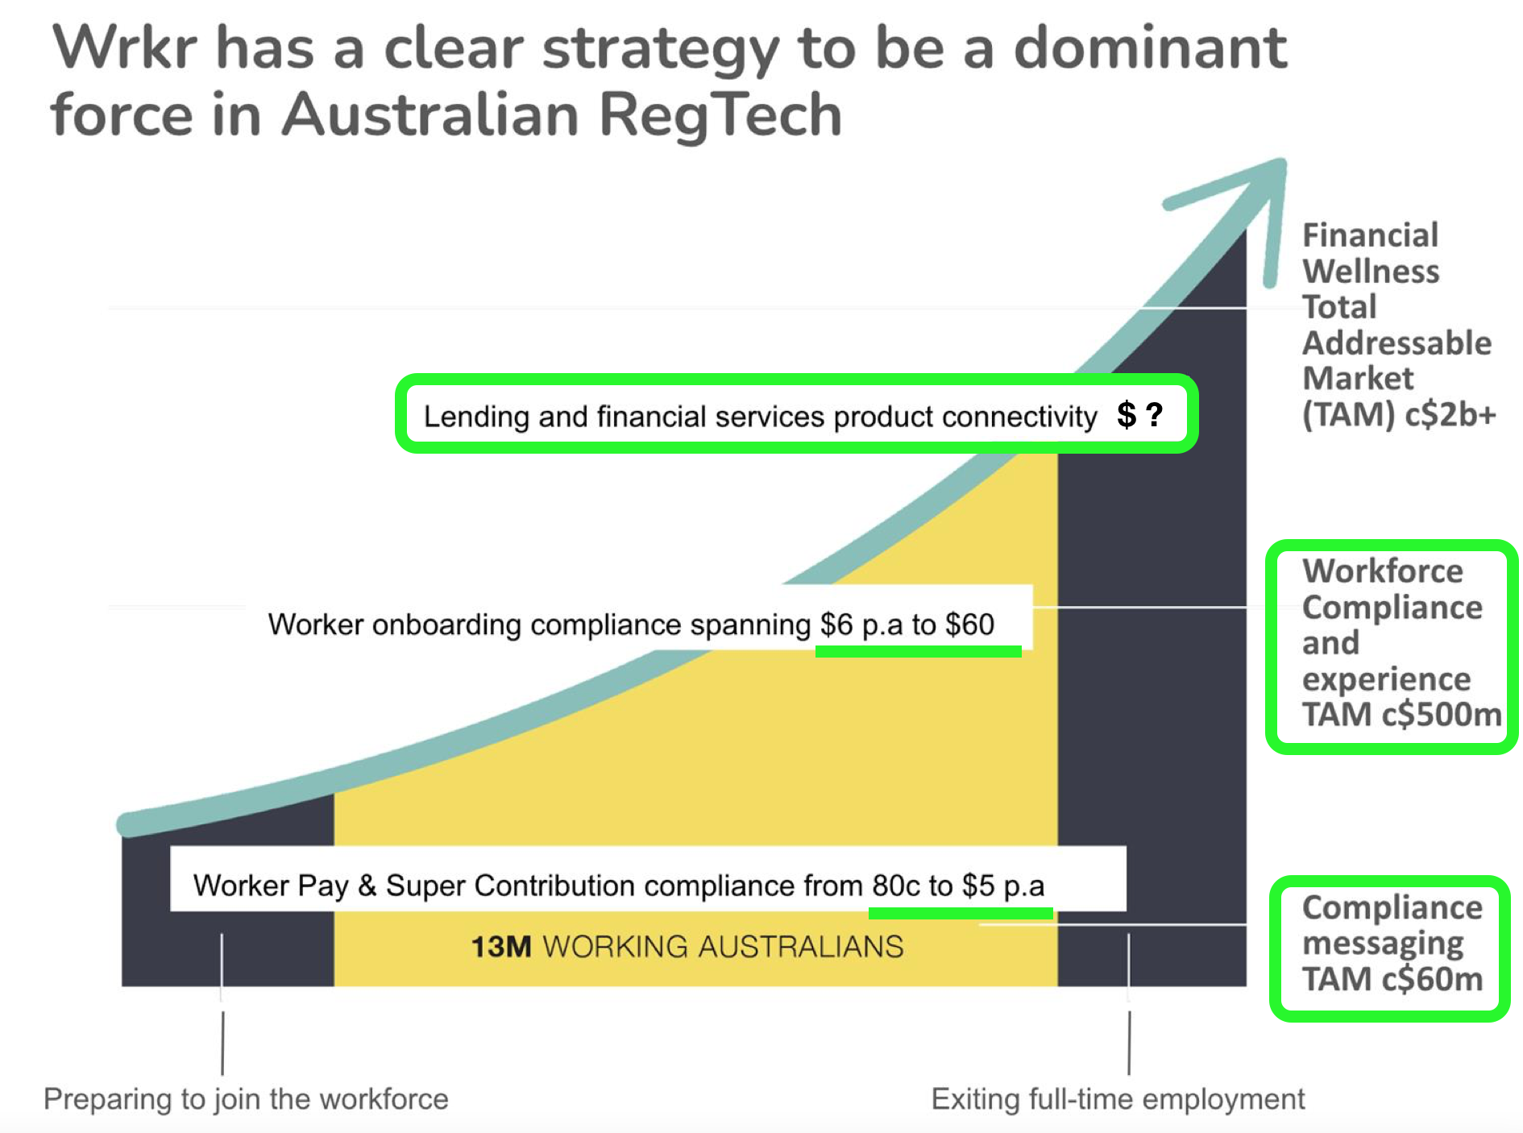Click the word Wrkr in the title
124,48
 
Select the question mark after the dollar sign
1155,414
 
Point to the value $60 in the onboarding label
969,625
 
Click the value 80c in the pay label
896,886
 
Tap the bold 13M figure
501,947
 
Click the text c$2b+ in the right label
1450,415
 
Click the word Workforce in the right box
1383,571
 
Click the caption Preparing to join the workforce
246,1099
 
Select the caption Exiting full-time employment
1118,1099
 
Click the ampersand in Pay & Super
367,886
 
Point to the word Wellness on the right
1371,272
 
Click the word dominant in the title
1150,48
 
